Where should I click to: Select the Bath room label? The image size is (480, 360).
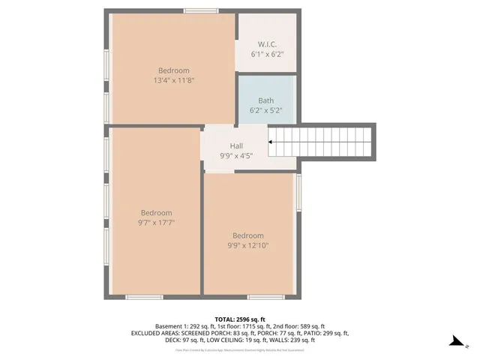pyautogui.click(x=266, y=100)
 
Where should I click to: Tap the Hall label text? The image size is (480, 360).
pyautogui.click(x=236, y=146)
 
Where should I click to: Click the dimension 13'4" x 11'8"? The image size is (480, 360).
pyautogui.click(x=173, y=80)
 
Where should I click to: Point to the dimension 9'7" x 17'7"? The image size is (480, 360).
pyautogui.click(x=156, y=223)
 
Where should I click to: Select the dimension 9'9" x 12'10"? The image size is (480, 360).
pyautogui.click(x=248, y=245)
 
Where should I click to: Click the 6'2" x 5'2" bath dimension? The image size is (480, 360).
pyautogui.click(x=266, y=110)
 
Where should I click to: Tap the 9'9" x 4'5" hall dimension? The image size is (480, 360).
pyautogui.click(x=236, y=156)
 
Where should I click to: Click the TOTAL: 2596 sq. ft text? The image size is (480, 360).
pyautogui.click(x=240, y=319)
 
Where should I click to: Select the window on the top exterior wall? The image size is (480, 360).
pyautogui.click(x=202, y=11)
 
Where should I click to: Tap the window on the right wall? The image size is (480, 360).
pyautogui.click(x=298, y=192)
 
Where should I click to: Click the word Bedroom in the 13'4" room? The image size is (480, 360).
pyautogui.click(x=173, y=70)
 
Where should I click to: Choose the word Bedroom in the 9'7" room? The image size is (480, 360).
pyautogui.click(x=156, y=213)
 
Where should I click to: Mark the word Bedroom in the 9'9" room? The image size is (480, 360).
pyautogui.click(x=248, y=235)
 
